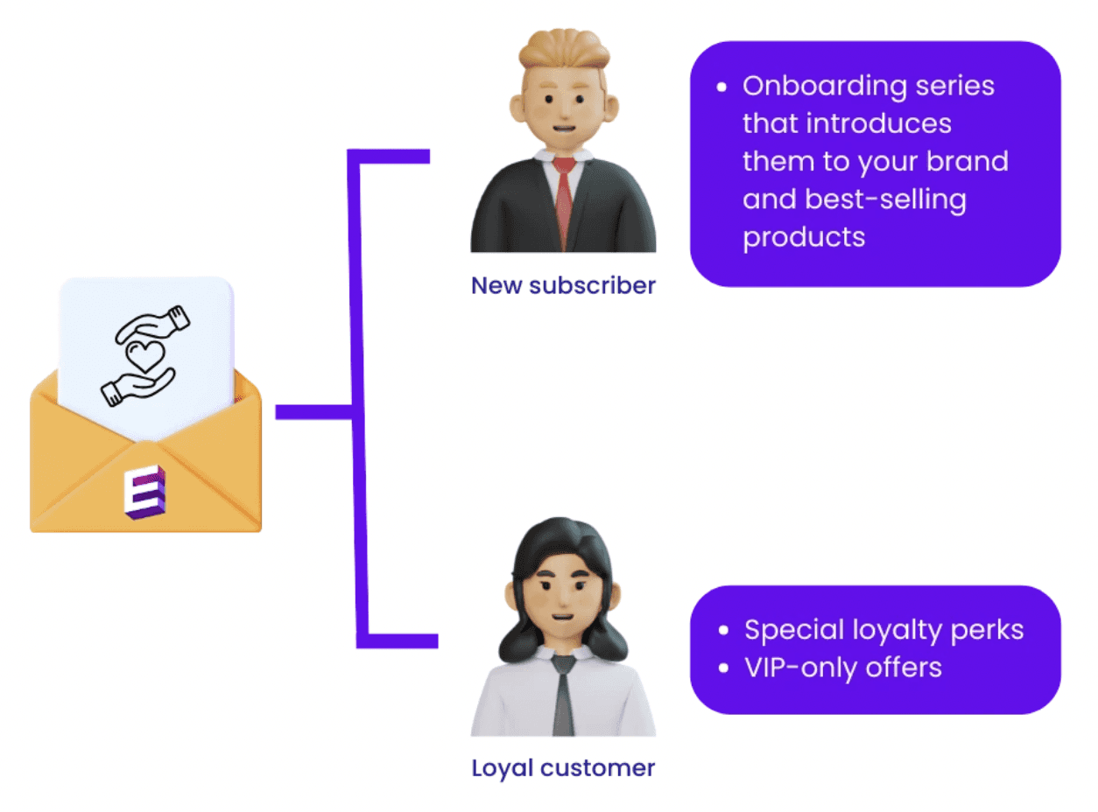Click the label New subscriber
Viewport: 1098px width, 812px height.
pyautogui.click(x=563, y=285)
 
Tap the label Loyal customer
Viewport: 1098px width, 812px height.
pyautogui.click(x=563, y=768)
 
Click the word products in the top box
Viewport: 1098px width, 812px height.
pyautogui.click(x=804, y=237)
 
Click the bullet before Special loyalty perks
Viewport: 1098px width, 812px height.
pyautogui.click(x=722, y=631)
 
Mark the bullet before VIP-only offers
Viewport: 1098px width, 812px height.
pyautogui.click(x=722, y=668)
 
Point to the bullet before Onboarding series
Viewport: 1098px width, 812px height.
pyautogui.click(x=722, y=87)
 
